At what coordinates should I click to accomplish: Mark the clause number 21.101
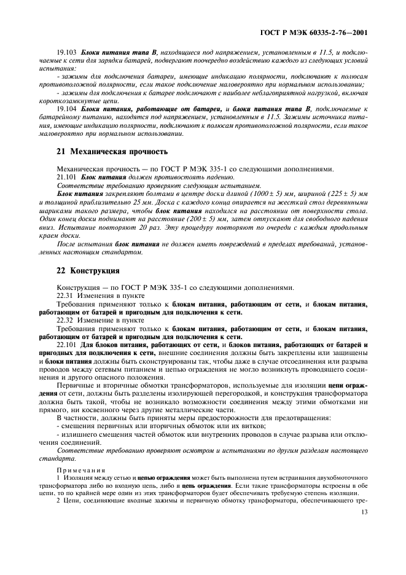coord(66,176)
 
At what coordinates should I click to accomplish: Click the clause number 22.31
coord(64,295)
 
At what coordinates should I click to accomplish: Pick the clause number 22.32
coord(64,320)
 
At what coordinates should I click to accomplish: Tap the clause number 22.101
coord(66,345)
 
